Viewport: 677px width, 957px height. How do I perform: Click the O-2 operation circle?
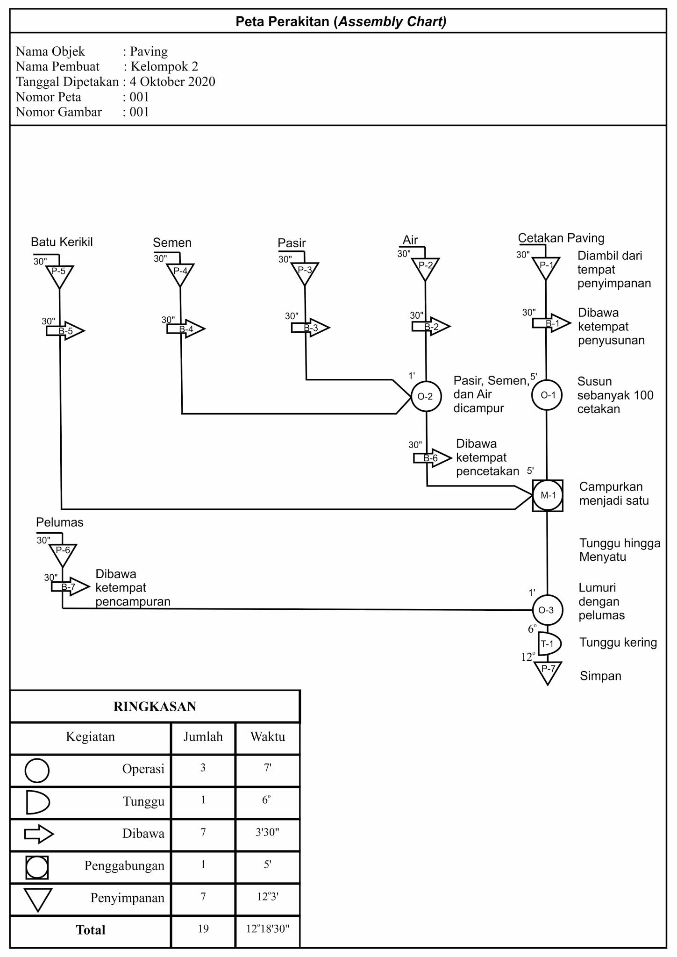click(x=426, y=397)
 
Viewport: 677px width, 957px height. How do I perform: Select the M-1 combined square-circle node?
click(x=548, y=495)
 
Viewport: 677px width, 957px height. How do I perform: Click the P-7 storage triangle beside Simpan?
click(x=548, y=671)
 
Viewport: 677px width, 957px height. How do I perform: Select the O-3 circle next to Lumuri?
click(x=547, y=610)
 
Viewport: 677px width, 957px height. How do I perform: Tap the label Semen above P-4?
click(x=172, y=243)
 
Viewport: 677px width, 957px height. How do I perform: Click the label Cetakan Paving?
click(x=561, y=238)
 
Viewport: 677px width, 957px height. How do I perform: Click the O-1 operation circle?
click(x=547, y=395)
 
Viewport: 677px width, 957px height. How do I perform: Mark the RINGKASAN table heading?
click(x=155, y=707)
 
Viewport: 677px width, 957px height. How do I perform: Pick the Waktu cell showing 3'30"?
click(x=267, y=832)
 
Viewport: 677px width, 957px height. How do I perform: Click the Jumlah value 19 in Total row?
click(x=203, y=928)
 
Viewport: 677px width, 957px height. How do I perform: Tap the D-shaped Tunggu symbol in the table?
click(x=37, y=802)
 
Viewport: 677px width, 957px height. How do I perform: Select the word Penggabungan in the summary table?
click(x=124, y=866)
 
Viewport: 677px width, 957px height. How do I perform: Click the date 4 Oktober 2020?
click(x=172, y=82)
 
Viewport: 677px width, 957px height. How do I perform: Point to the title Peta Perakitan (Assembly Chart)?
click(x=341, y=21)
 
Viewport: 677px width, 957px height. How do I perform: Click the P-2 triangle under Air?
click(x=425, y=267)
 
